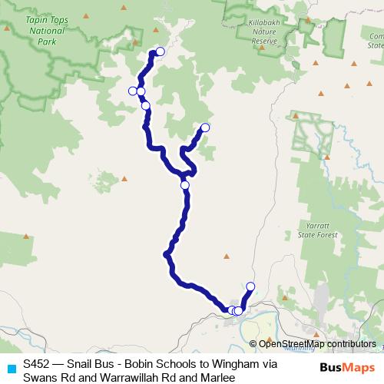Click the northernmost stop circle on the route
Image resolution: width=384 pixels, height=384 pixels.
click(160, 51)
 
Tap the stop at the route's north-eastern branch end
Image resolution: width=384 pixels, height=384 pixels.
click(205, 127)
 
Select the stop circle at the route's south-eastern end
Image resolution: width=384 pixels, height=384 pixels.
click(250, 286)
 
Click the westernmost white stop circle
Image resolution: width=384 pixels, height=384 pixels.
click(133, 91)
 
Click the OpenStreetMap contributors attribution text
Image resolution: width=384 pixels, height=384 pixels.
click(306, 344)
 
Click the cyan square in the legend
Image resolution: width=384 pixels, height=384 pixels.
click(11, 368)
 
